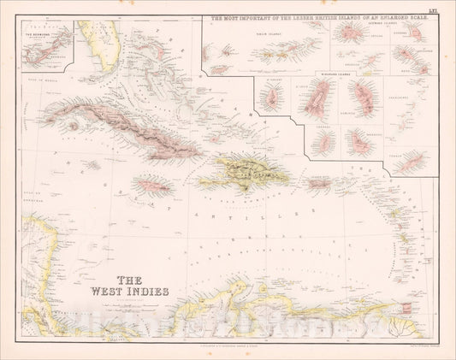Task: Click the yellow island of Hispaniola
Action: [243, 172]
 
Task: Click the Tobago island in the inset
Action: [413, 160]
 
